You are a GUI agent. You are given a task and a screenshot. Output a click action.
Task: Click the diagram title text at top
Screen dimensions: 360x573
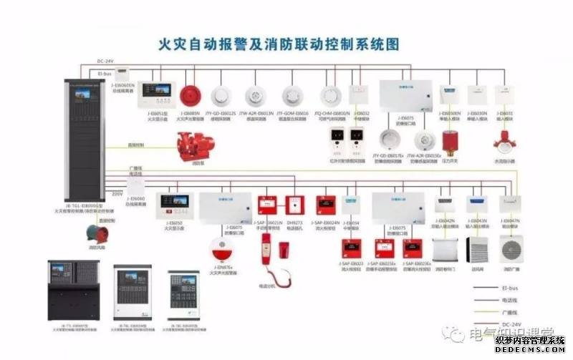(278, 44)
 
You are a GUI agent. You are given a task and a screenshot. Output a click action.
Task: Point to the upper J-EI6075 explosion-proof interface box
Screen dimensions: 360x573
(405, 95)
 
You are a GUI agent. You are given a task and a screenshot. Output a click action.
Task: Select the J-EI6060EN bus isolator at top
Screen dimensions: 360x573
(123, 72)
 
